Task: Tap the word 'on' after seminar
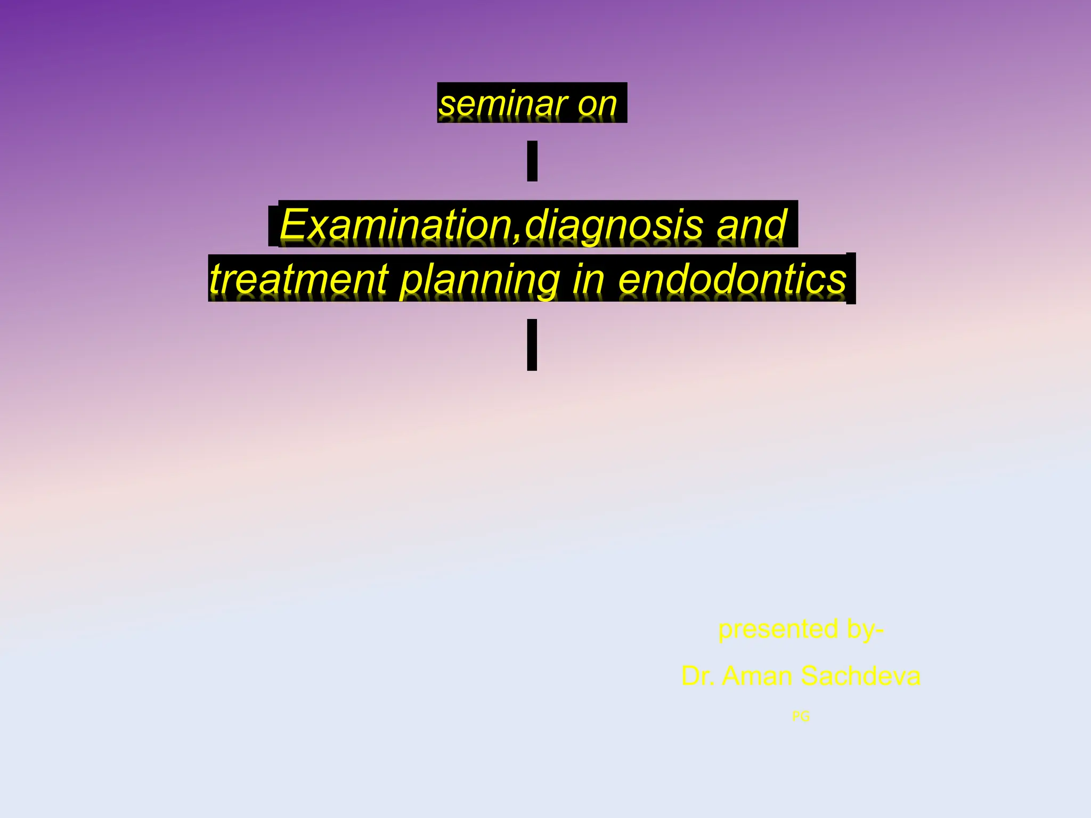597,104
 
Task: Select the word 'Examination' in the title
395,225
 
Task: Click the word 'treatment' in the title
299,279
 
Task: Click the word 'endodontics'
732,279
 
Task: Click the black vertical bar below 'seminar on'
532,161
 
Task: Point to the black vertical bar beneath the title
532,345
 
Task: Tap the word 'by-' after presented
865,629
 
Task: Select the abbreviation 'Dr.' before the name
698,676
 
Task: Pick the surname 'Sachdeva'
860,676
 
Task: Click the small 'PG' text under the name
801,717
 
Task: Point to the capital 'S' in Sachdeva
811,676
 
